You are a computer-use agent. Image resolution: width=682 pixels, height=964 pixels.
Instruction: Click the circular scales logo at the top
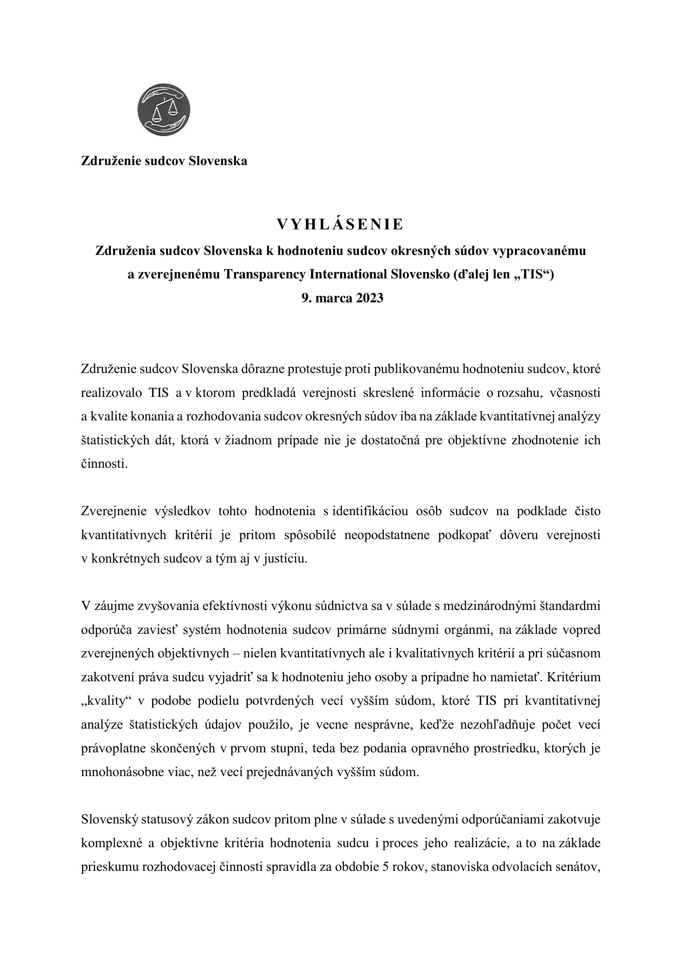pos(164,110)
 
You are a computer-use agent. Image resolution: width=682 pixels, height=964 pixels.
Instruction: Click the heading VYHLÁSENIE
pos(340,225)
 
